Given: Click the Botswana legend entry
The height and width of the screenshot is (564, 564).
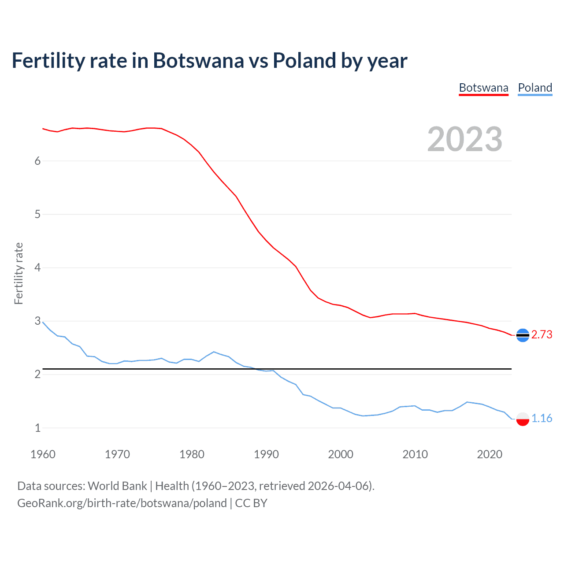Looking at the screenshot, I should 483,88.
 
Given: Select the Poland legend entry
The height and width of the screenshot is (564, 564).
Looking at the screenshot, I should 535,88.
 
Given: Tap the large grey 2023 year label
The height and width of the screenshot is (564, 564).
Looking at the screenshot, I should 465,139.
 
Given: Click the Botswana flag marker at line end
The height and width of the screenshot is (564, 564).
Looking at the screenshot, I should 523,335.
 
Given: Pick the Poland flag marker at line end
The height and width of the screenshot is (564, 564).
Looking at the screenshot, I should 523,419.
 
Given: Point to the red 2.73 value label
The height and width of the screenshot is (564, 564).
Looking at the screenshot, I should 542,335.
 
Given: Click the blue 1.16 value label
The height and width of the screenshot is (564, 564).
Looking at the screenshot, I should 542,418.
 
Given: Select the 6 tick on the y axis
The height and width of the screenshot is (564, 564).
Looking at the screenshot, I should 37,161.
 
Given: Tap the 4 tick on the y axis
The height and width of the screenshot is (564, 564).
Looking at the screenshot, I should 37,267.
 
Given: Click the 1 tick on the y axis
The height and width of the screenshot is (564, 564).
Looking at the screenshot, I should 37,428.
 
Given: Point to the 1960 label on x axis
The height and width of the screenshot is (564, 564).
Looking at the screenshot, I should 43,454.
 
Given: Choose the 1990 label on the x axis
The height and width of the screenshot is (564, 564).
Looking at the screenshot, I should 266,454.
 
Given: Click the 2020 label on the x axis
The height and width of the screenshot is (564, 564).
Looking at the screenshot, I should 490,454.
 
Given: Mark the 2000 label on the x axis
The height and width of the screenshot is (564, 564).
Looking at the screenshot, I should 341,454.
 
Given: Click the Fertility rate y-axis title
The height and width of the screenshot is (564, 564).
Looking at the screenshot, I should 19,273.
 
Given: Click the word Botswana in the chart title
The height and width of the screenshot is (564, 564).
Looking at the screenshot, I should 198,61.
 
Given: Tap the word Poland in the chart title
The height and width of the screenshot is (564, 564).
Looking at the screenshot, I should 304,61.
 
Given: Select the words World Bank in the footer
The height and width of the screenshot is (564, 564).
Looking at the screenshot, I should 117,486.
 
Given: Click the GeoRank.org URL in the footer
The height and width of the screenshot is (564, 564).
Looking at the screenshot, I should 122,503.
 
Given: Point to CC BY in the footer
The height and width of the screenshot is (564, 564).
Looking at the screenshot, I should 251,503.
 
